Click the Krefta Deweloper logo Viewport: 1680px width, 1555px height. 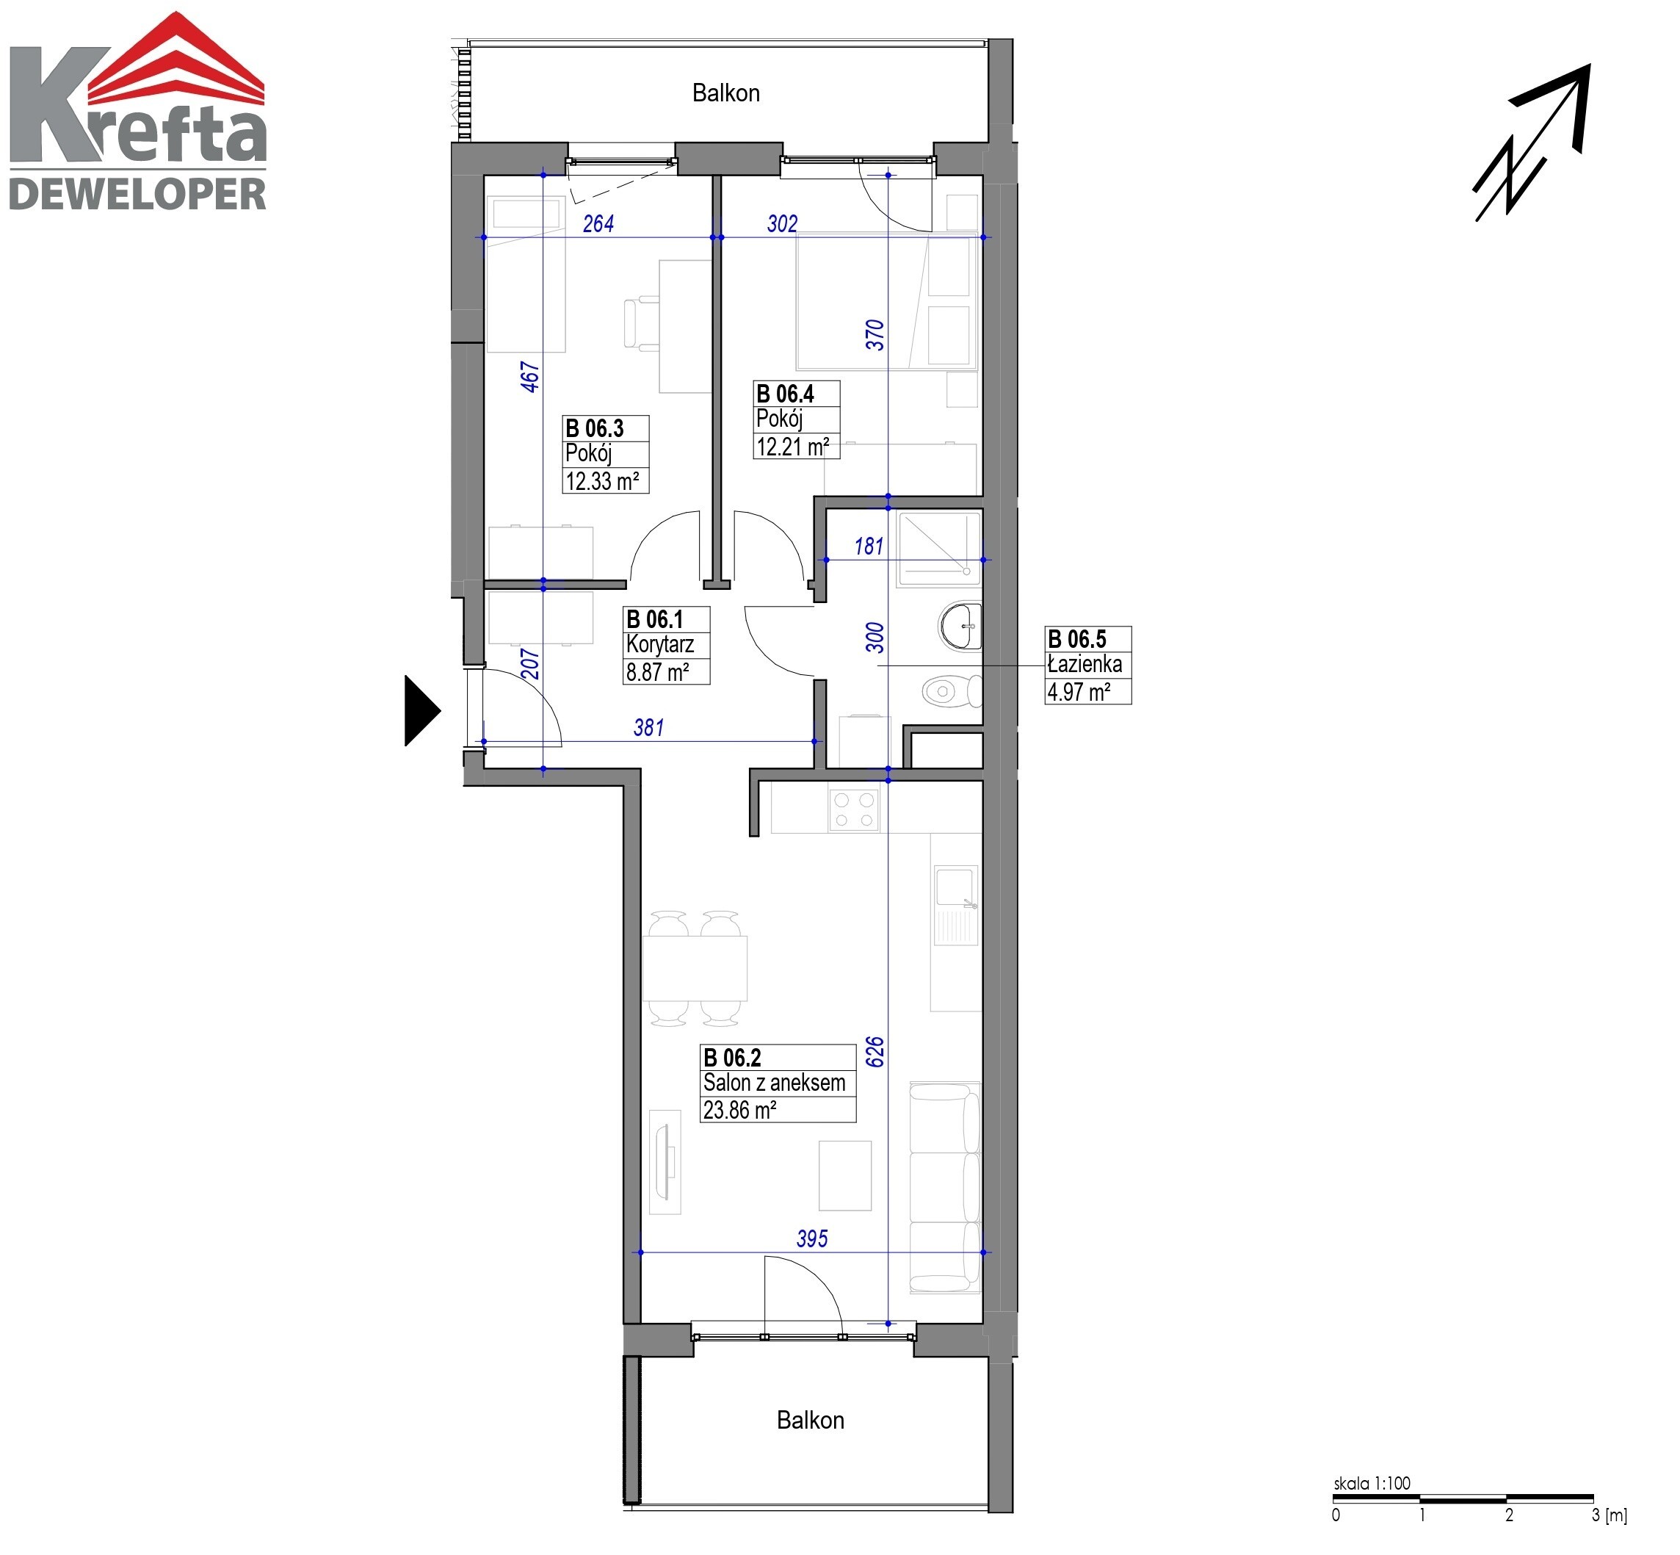(x=138, y=111)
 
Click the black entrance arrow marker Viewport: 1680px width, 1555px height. (x=422, y=711)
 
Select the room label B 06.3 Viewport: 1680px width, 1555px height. (x=595, y=428)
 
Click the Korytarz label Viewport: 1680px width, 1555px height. (x=660, y=646)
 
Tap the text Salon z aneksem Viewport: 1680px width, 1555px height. (x=774, y=1083)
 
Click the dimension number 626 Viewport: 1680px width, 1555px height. (x=875, y=1052)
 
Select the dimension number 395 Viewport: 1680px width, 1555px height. (x=812, y=1238)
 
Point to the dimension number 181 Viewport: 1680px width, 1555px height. (x=869, y=546)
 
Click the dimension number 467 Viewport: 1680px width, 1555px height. (x=529, y=376)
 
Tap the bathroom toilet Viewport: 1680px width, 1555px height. (x=952, y=692)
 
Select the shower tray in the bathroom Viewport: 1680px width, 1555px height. (x=940, y=549)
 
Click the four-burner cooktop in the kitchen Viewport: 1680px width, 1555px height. (x=854, y=809)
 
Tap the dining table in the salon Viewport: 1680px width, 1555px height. (x=695, y=967)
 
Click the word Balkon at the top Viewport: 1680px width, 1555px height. (x=726, y=93)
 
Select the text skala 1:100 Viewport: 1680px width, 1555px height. (x=1372, y=1484)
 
